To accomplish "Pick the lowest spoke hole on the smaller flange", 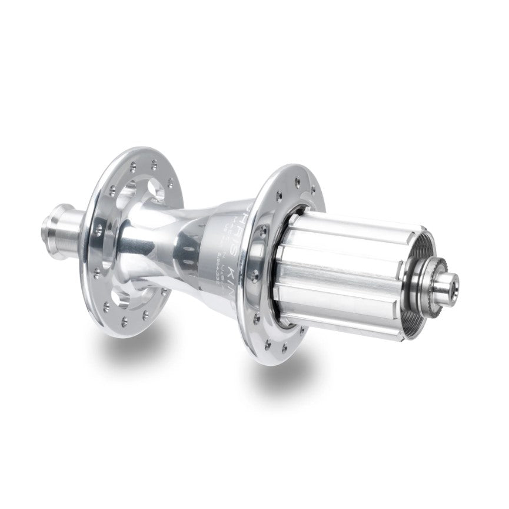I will pyautogui.click(x=125, y=321).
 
